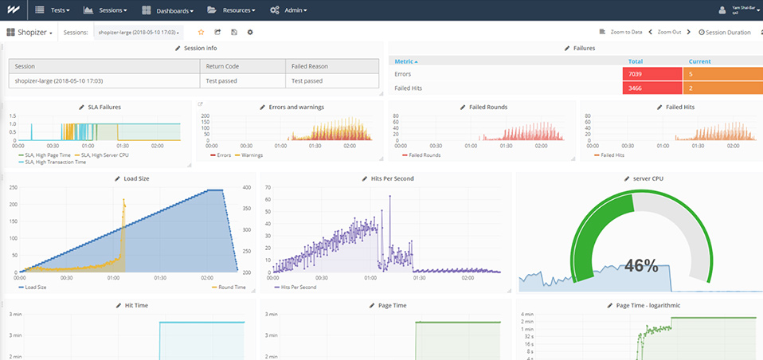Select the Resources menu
coord(232,10)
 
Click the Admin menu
coord(288,10)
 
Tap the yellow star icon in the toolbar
coord(201,33)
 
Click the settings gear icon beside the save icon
coord(250,33)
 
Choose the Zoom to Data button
coord(622,33)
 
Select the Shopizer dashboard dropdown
coord(30,33)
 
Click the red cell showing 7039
coord(655,74)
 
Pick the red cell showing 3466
coord(655,88)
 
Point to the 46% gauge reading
coord(640,266)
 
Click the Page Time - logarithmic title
coord(648,305)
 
